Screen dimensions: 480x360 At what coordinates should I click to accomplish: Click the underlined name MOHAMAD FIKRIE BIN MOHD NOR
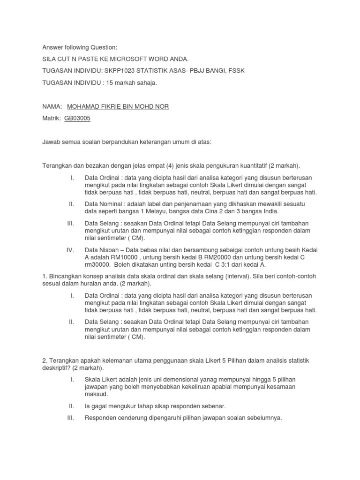tap(118, 106)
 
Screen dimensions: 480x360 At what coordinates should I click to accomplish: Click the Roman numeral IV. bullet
tap(70, 250)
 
